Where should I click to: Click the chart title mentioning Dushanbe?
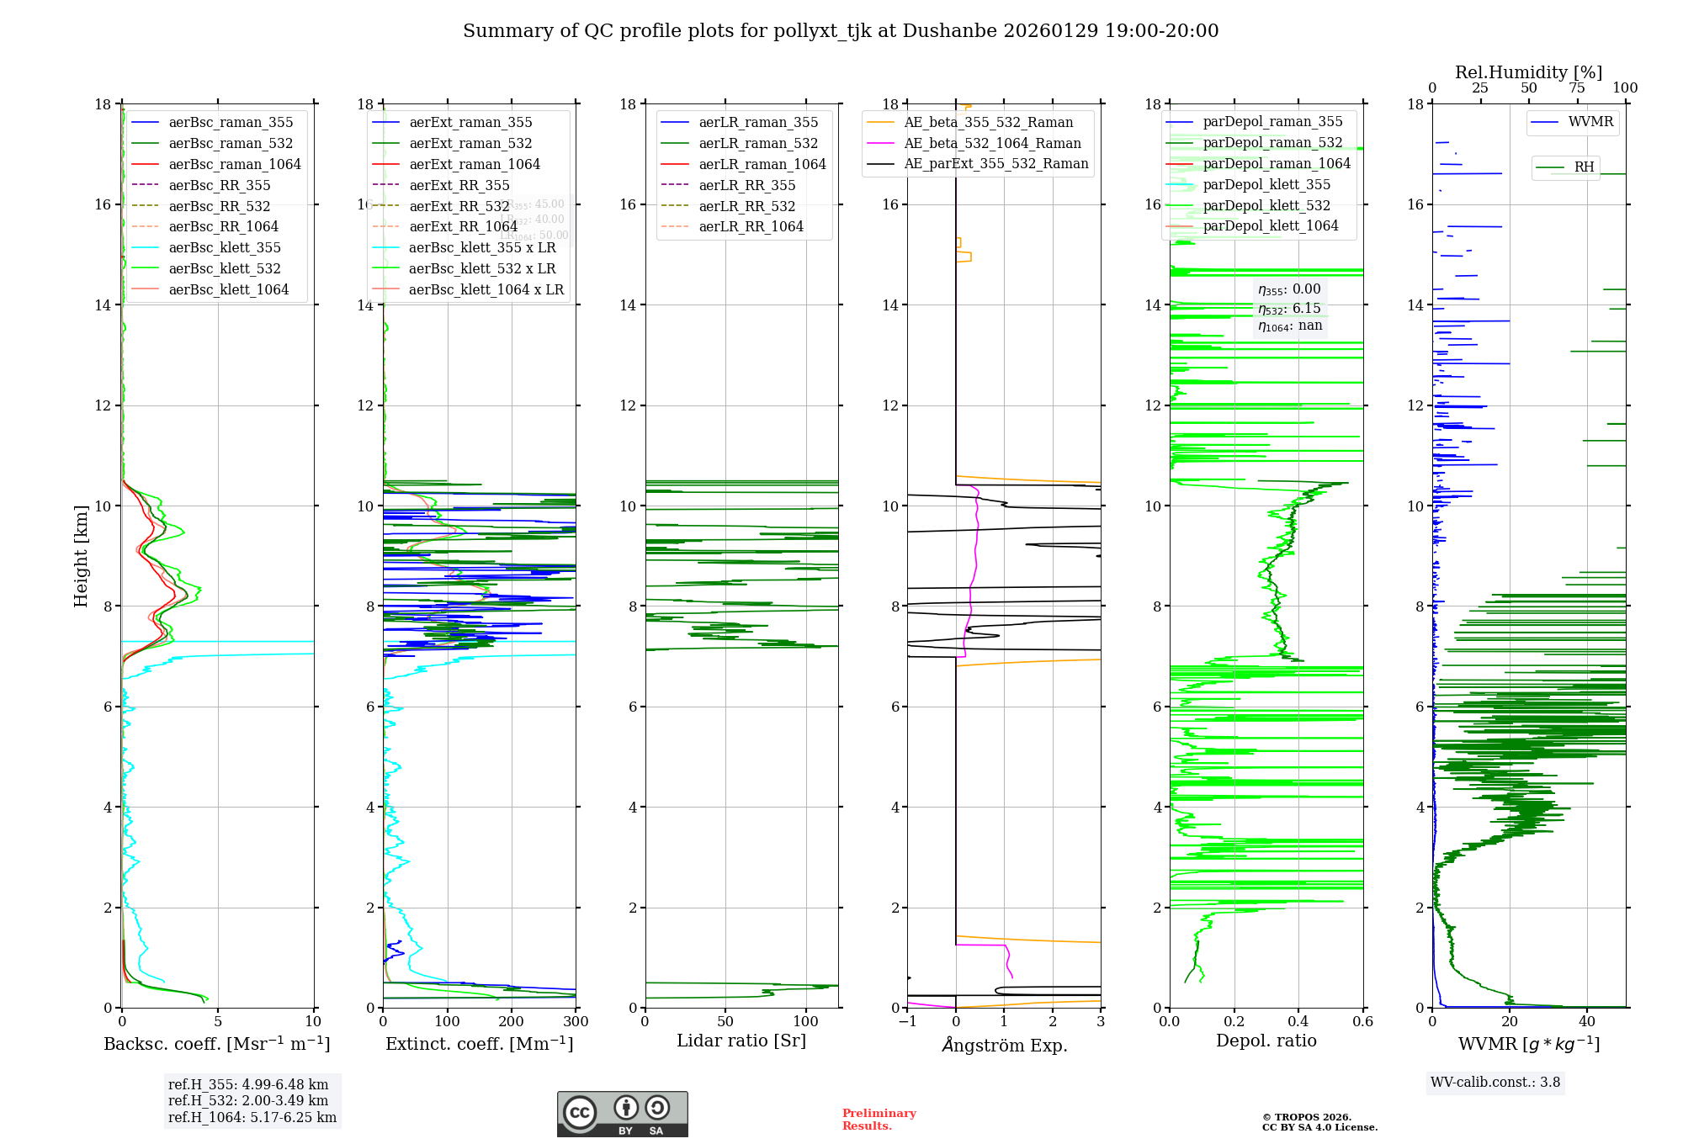841,31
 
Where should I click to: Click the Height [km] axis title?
81,555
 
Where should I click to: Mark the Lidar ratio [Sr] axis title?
741,1041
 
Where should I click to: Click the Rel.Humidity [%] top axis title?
1528,72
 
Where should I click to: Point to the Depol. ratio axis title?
1266,1041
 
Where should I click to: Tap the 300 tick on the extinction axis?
576,1021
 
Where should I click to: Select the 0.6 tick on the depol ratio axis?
1362,1021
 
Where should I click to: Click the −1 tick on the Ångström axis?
907,1021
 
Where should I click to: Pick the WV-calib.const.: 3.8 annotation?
1495,1082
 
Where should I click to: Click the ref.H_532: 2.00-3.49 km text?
248,1100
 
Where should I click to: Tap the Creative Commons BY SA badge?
622,1114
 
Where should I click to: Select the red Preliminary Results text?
879,1119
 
